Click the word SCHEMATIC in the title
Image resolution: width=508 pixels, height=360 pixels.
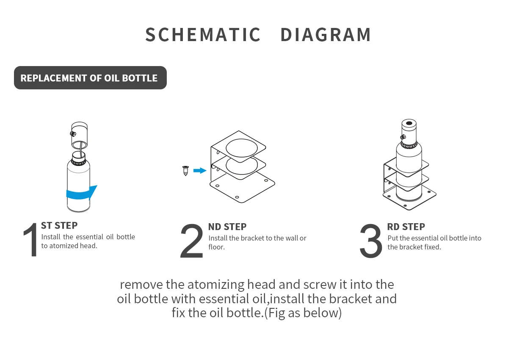tap(203, 35)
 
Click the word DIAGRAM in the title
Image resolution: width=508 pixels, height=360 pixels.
tap(326, 35)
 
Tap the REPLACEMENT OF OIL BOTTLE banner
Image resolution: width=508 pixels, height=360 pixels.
tap(90, 78)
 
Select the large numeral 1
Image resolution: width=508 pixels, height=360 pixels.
tap(30, 240)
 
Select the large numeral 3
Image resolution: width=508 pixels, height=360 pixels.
tap(371, 242)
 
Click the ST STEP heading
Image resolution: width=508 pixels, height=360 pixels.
tap(59, 226)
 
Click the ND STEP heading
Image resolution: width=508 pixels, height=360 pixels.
tap(227, 227)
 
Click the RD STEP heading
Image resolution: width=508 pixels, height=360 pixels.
tap(406, 227)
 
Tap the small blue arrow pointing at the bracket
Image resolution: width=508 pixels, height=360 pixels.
tap(199, 170)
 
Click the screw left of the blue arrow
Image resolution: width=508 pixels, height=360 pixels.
tap(185, 171)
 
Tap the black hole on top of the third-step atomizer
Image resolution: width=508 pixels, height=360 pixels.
tap(409, 125)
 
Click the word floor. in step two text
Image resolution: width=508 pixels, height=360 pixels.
tap(216, 247)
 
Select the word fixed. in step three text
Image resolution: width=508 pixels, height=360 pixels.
tap(432, 247)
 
